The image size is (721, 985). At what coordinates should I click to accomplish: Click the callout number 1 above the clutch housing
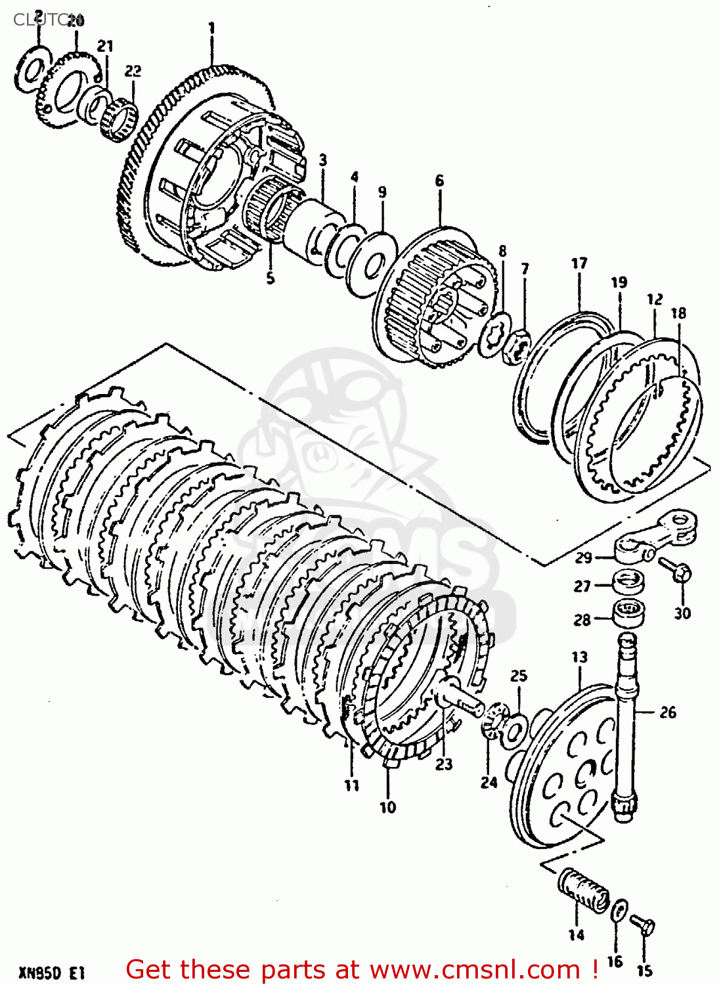pos(211,28)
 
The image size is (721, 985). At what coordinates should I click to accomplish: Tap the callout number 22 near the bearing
pos(133,71)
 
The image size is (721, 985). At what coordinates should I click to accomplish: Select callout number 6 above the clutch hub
pos(439,181)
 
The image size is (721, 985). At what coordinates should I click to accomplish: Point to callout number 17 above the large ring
pos(579,263)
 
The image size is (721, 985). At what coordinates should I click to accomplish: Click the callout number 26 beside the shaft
pos(668,712)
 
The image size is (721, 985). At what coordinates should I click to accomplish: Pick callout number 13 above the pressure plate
pos(579,657)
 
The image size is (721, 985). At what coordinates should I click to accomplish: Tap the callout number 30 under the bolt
pos(682,613)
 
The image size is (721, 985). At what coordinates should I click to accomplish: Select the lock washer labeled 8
pos(494,334)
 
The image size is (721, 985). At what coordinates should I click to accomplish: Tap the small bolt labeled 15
pos(643,926)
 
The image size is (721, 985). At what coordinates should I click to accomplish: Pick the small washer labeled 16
pos(619,912)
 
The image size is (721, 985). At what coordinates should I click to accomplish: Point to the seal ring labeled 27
pos(628,582)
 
